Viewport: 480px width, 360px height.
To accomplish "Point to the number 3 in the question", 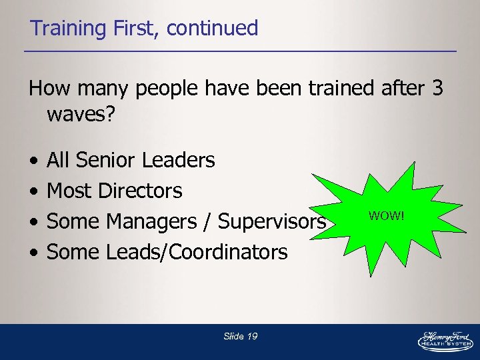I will pos(437,89).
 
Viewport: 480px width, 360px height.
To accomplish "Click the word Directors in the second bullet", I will pos(139,191).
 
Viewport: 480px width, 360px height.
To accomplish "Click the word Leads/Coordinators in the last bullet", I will pos(197,253).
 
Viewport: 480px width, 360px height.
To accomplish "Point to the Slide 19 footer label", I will pos(241,337).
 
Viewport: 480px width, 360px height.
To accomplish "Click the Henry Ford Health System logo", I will pos(445,339).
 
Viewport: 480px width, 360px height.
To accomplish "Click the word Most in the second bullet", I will pos(69,191).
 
